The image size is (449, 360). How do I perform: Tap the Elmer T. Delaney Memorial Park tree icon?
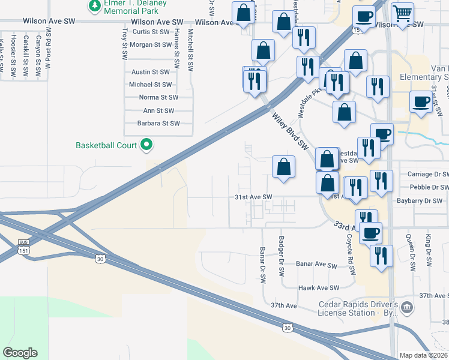click(x=94, y=6)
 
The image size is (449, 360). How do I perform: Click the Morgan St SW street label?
click(x=151, y=44)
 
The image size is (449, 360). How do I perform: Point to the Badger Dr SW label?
click(x=281, y=256)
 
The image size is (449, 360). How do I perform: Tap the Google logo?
click(x=20, y=353)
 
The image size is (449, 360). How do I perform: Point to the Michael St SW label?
click(x=151, y=85)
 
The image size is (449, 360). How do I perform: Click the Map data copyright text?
click(x=423, y=355)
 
